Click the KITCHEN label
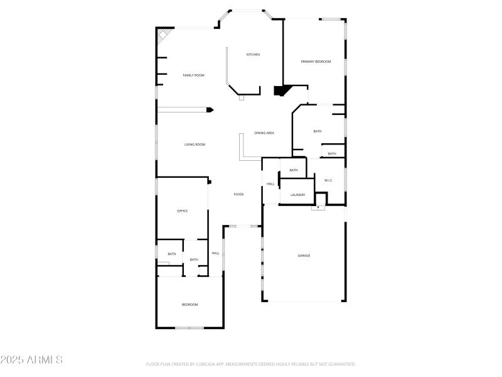pyautogui.click(x=253, y=55)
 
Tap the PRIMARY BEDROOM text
pyautogui.click(x=316, y=62)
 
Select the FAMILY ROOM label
pyautogui.click(x=193, y=75)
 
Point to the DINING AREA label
pyautogui.click(x=264, y=133)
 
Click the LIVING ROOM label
pyautogui.click(x=195, y=145)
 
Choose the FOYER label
pyautogui.click(x=238, y=195)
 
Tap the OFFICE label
pyautogui.click(x=183, y=211)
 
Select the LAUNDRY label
pyautogui.click(x=297, y=195)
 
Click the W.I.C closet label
pyautogui.click(x=328, y=181)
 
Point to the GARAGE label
pyautogui.click(x=304, y=256)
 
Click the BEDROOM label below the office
pyautogui.click(x=190, y=305)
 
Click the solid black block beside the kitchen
pyautogui.click(x=280, y=90)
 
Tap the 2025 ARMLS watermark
pyautogui.click(x=31, y=360)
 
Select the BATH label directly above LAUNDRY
pyautogui.click(x=294, y=170)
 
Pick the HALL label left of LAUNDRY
pyautogui.click(x=270, y=184)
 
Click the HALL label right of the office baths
pyautogui.click(x=215, y=253)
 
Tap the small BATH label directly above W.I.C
pyautogui.click(x=332, y=154)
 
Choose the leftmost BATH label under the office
pyautogui.click(x=171, y=254)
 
